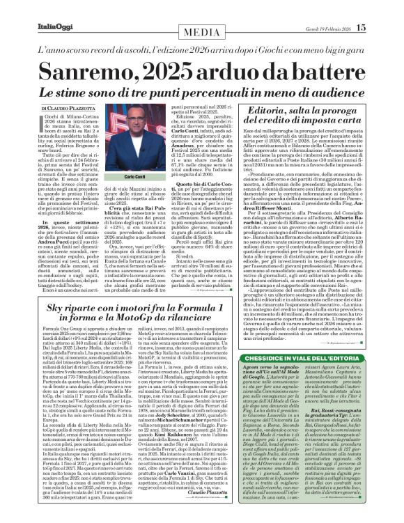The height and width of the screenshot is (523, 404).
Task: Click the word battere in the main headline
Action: tap(321, 70)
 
